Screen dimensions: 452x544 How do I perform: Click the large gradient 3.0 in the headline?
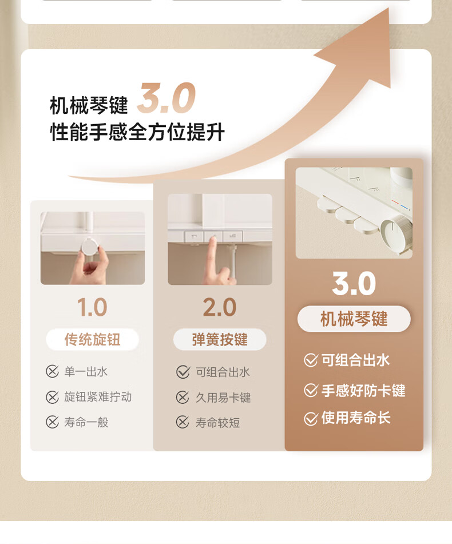(x=166, y=98)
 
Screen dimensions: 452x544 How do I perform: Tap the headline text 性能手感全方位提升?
(x=137, y=132)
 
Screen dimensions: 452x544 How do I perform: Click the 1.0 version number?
(x=92, y=307)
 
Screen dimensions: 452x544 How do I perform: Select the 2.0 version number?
(x=220, y=307)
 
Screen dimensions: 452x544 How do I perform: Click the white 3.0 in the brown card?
(x=354, y=284)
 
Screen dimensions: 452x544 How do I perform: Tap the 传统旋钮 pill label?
(x=92, y=339)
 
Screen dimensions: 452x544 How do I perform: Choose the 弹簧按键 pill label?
(x=220, y=339)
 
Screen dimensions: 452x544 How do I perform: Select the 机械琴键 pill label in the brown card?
(x=354, y=319)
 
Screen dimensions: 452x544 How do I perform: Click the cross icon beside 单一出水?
(x=53, y=372)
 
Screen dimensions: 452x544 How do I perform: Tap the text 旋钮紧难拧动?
(x=98, y=397)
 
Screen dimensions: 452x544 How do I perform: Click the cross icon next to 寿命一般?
(x=53, y=422)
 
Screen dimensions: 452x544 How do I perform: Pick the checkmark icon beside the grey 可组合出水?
(x=183, y=372)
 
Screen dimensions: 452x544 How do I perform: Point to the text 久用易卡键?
(x=223, y=398)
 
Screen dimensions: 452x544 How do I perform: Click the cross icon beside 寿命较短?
(x=183, y=423)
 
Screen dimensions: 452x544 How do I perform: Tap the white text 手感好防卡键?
(x=363, y=391)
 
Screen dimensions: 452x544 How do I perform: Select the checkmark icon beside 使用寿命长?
(x=311, y=418)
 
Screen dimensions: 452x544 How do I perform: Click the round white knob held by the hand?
(x=90, y=247)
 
